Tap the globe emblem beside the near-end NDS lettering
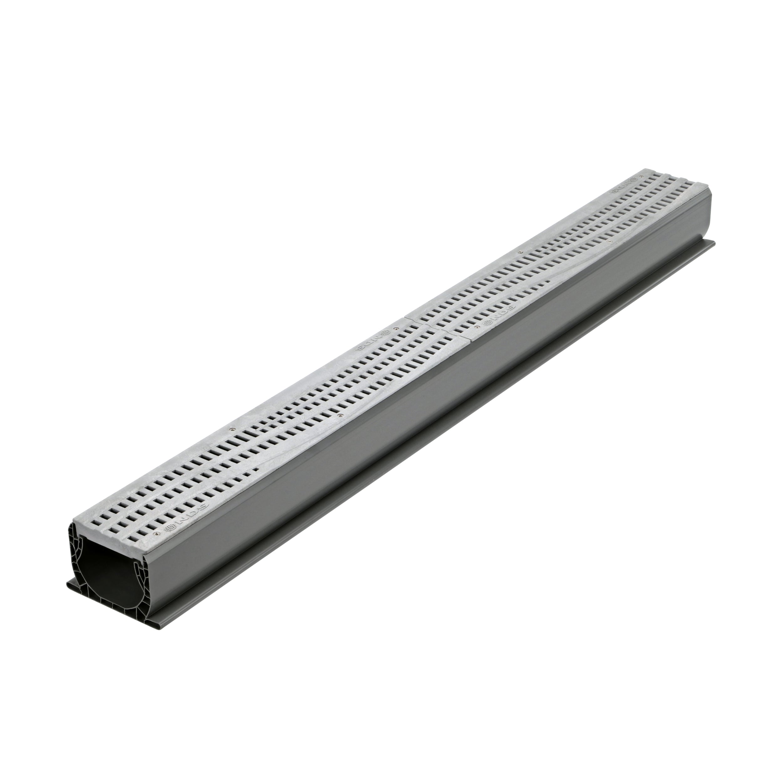coord(171,529)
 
